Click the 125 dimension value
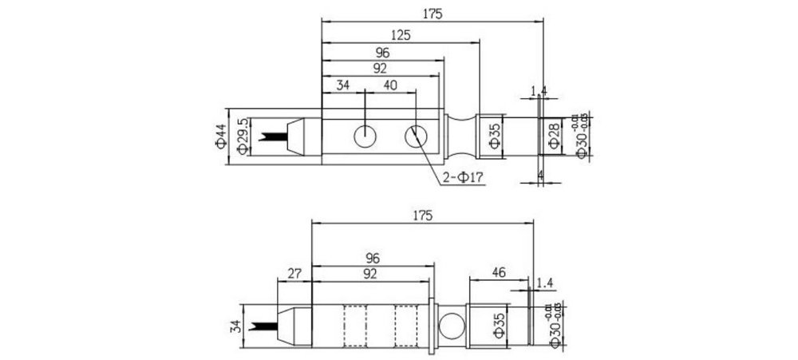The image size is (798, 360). (x=402, y=34)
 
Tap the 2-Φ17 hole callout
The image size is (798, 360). (x=462, y=176)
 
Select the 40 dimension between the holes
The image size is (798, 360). (x=390, y=85)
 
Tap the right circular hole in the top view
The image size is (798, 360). (x=415, y=136)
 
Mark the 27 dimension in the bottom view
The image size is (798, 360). (x=293, y=273)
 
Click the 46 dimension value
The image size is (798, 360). (x=498, y=273)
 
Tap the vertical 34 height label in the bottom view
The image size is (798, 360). (x=234, y=325)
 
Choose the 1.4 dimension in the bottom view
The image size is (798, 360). (x=546, y=282)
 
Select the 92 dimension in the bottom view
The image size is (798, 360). (x=372, y=273)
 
